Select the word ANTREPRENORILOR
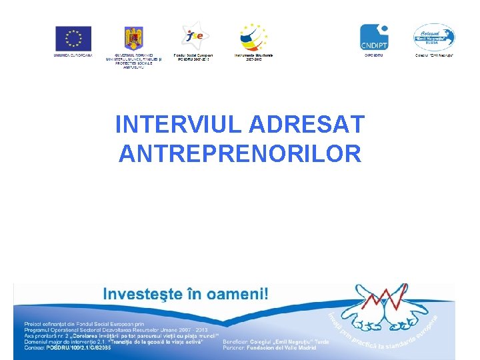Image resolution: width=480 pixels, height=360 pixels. pyautogui.click(x=240, y=154)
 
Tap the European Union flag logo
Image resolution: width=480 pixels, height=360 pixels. pyautogui.click(x=73, y=38)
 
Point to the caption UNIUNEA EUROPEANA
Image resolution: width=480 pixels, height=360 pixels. pyautogui.click(x=73, y=55)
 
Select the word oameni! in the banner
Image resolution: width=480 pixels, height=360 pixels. pyautogui.click(x=241, y=294)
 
